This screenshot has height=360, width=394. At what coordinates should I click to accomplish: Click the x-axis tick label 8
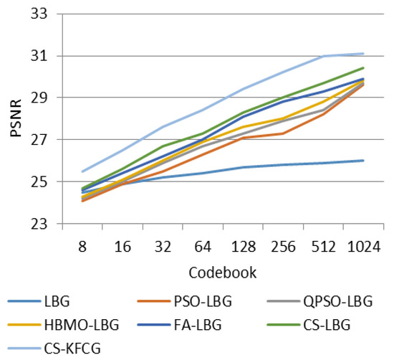point(82,245)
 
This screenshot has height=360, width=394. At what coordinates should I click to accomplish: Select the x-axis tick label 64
point(203,245)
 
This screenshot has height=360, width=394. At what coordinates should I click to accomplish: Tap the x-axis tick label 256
point(284,245)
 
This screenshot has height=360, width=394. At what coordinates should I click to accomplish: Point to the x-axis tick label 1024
point(364,245)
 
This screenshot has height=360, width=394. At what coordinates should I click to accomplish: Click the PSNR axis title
point(15,119)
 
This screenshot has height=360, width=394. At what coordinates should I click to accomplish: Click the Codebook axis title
point(223,273)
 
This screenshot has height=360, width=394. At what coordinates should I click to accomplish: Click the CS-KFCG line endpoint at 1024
point(364,54)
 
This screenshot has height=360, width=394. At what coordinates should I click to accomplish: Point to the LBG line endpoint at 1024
point(364,161)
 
